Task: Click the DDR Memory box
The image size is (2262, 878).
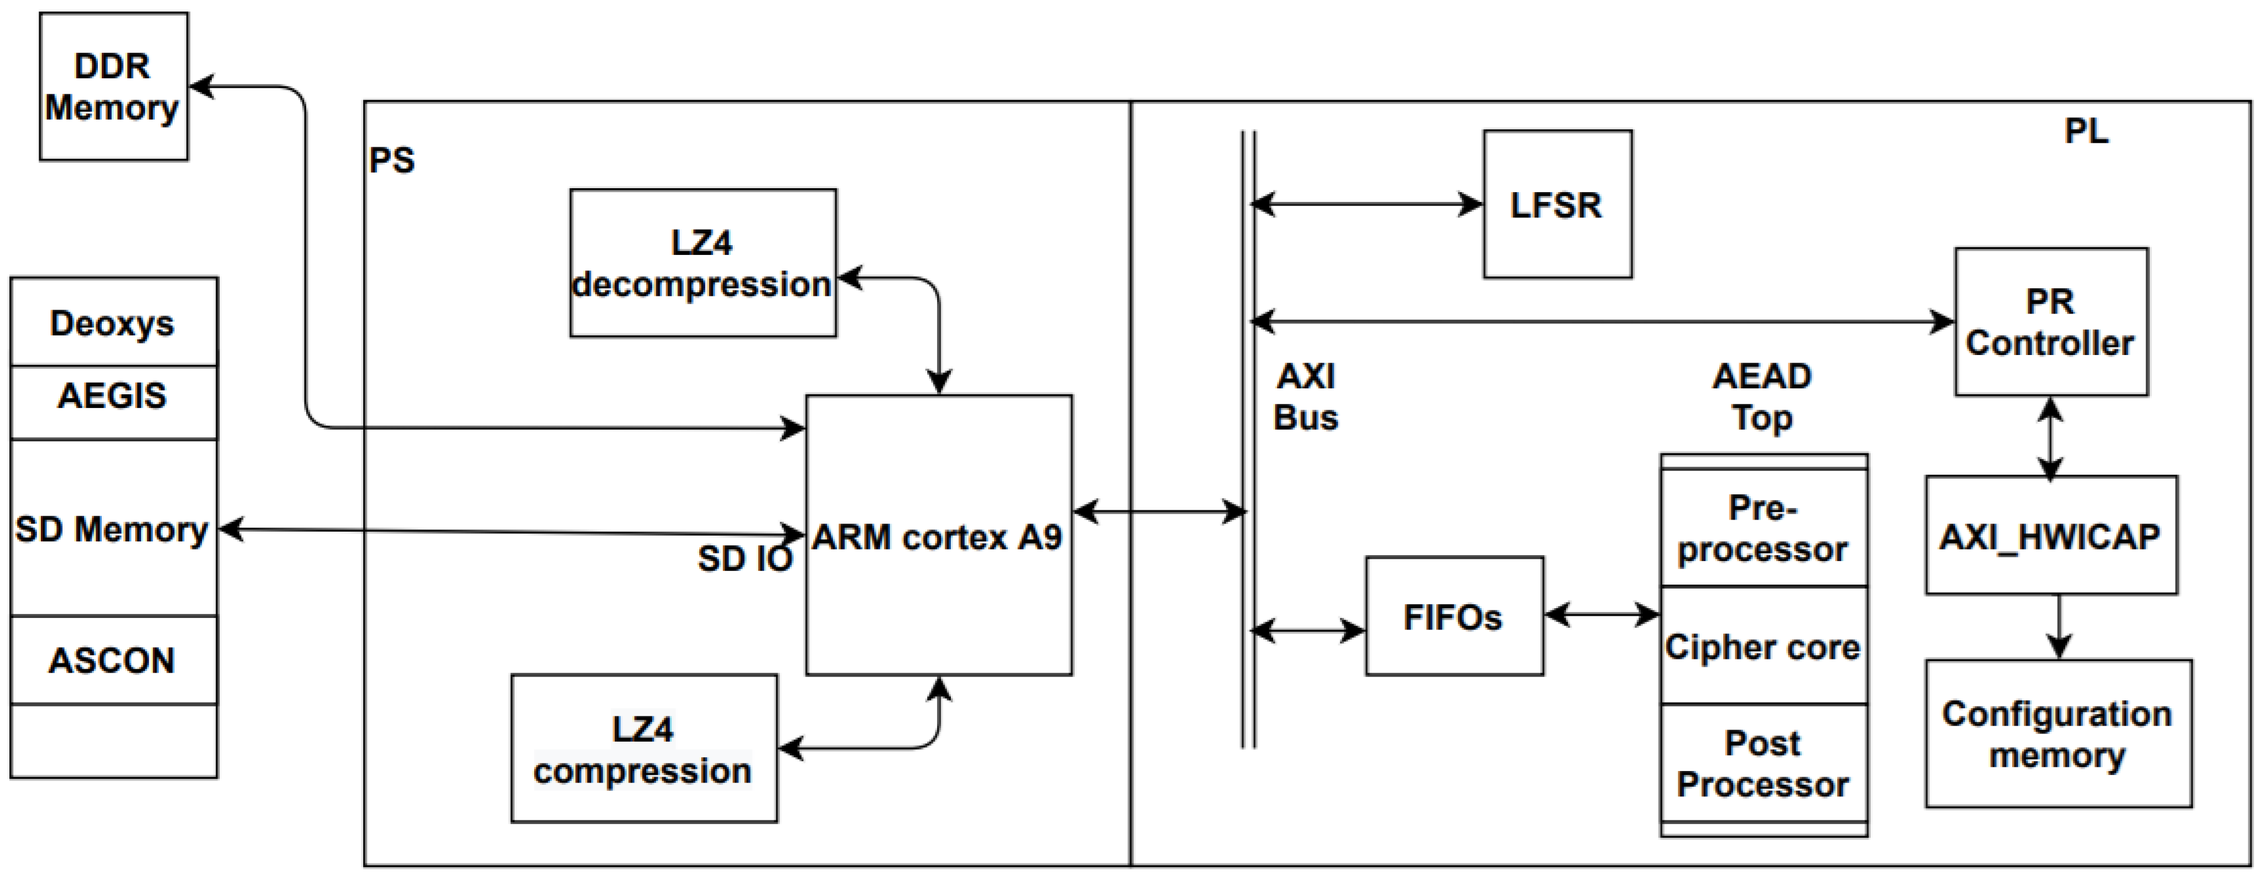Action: pos(113,86)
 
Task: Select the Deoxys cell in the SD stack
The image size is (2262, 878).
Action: pos(113,323)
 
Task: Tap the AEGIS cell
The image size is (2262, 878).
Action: pos(113,397)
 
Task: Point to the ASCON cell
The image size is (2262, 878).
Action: pos(113,661)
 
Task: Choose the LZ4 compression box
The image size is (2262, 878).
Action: pos(643,749)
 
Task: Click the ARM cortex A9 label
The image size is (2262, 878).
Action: pos(937,536)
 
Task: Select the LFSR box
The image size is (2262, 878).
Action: pos(1557,205)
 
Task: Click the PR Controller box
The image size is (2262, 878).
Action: pos(2050,322)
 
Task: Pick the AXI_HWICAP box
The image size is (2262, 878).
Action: pos(2050,536)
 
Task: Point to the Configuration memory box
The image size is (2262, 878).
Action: pos(2058,734)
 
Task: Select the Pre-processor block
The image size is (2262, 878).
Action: pos(1762,529)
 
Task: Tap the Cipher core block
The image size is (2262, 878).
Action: pos(1762,647)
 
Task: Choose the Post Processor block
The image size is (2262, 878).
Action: pos(1762,764)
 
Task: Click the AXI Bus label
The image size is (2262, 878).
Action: pos(1306,397)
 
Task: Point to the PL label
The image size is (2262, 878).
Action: pos(2086,132)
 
